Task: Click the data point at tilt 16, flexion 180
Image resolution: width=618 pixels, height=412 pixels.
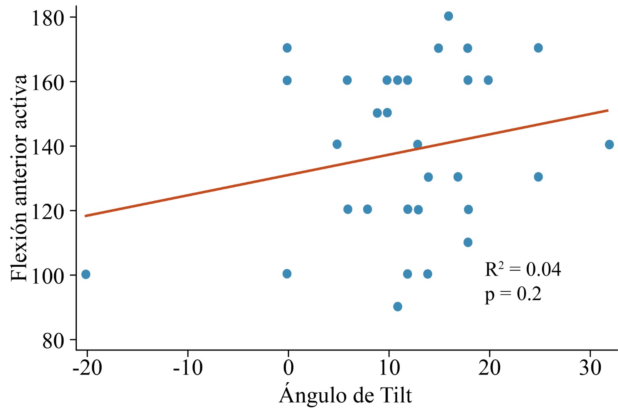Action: (x=448, y=16)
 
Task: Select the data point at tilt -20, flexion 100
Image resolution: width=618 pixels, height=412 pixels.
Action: (x=86, y=274)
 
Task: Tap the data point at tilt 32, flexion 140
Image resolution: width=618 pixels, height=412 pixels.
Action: (x=609, y=144)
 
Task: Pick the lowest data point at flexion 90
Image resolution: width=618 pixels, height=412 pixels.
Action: (x=398, y=307)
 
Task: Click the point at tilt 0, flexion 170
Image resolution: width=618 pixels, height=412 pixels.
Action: (x=287, y=48)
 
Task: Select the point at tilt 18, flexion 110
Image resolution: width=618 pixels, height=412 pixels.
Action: (x=468, y=242)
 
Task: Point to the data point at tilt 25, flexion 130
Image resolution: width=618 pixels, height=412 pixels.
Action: (x=538, y=177)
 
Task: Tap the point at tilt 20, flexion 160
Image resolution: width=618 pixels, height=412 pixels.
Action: (x=488, y=80)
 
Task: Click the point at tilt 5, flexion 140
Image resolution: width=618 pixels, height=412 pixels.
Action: (x=337, y=144)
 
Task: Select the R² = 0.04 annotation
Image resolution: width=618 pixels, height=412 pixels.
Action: (x=523, y=270)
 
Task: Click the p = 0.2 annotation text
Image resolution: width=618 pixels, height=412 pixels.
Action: (x=513, y=295)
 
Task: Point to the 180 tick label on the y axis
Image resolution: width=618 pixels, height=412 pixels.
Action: (x=48, y=18)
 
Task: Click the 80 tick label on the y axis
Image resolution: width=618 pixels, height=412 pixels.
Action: (x=53, y=341)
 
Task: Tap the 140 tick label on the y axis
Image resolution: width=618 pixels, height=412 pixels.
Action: (x=48, y=147)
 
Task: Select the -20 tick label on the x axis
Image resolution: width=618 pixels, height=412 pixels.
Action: (x=87, y=367)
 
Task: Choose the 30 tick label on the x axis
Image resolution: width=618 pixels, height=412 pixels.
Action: (x=590, y=367)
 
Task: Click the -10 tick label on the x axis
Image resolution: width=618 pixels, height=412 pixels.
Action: (x=187, y=367)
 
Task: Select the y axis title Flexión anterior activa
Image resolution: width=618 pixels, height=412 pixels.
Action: (x=19, y=178)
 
